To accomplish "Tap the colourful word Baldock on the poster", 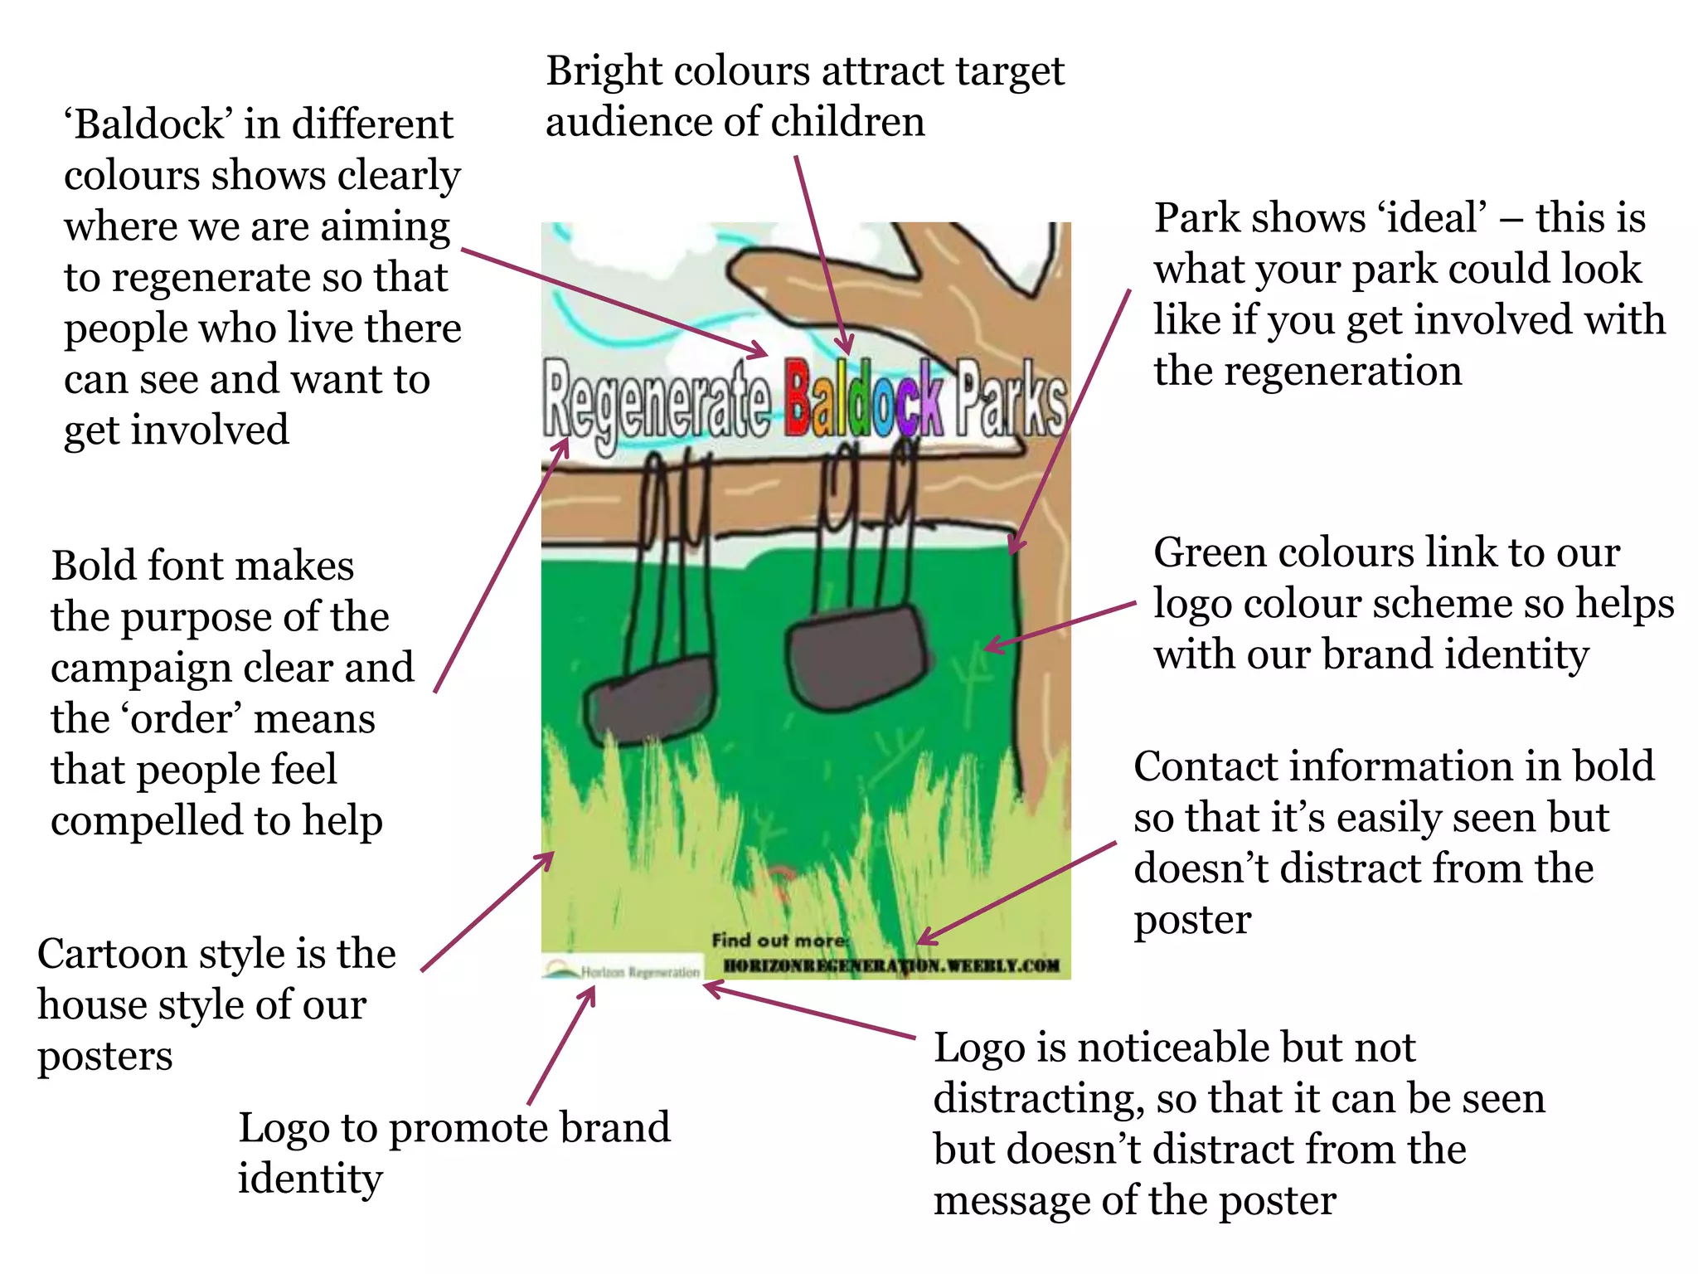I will click(x=864, y=401).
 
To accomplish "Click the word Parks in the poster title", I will click(x=1011, y=399).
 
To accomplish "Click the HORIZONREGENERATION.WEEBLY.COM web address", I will click(x=891, y=965).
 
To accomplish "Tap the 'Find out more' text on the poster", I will click(x=779, y=940).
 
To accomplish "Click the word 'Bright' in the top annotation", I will click(x=603, y=71).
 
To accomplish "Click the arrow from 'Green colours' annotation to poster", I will click(x=1061, y=626).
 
